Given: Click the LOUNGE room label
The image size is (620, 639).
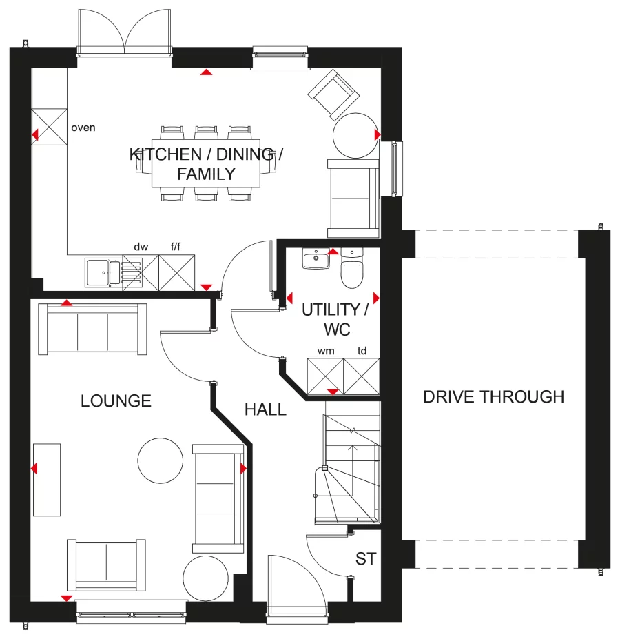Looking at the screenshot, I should (116, 401).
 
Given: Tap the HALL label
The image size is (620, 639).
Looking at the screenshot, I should (265, 410).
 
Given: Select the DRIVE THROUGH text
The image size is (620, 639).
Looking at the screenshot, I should (493, 397).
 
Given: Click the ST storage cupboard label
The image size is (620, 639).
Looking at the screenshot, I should (366, 558).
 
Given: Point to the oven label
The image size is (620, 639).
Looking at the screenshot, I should (83, 128).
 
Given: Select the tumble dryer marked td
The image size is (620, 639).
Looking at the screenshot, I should (362, 376).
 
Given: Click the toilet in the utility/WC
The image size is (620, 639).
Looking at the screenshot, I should (352, 270).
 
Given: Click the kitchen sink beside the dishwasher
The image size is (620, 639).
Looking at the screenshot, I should (103, 271).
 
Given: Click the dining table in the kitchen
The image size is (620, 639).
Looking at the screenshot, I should (207, 164).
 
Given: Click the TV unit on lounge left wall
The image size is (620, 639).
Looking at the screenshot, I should (46, 479).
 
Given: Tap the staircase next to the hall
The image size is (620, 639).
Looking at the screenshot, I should (351, 469).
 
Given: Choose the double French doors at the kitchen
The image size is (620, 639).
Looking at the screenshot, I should (124, 34).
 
